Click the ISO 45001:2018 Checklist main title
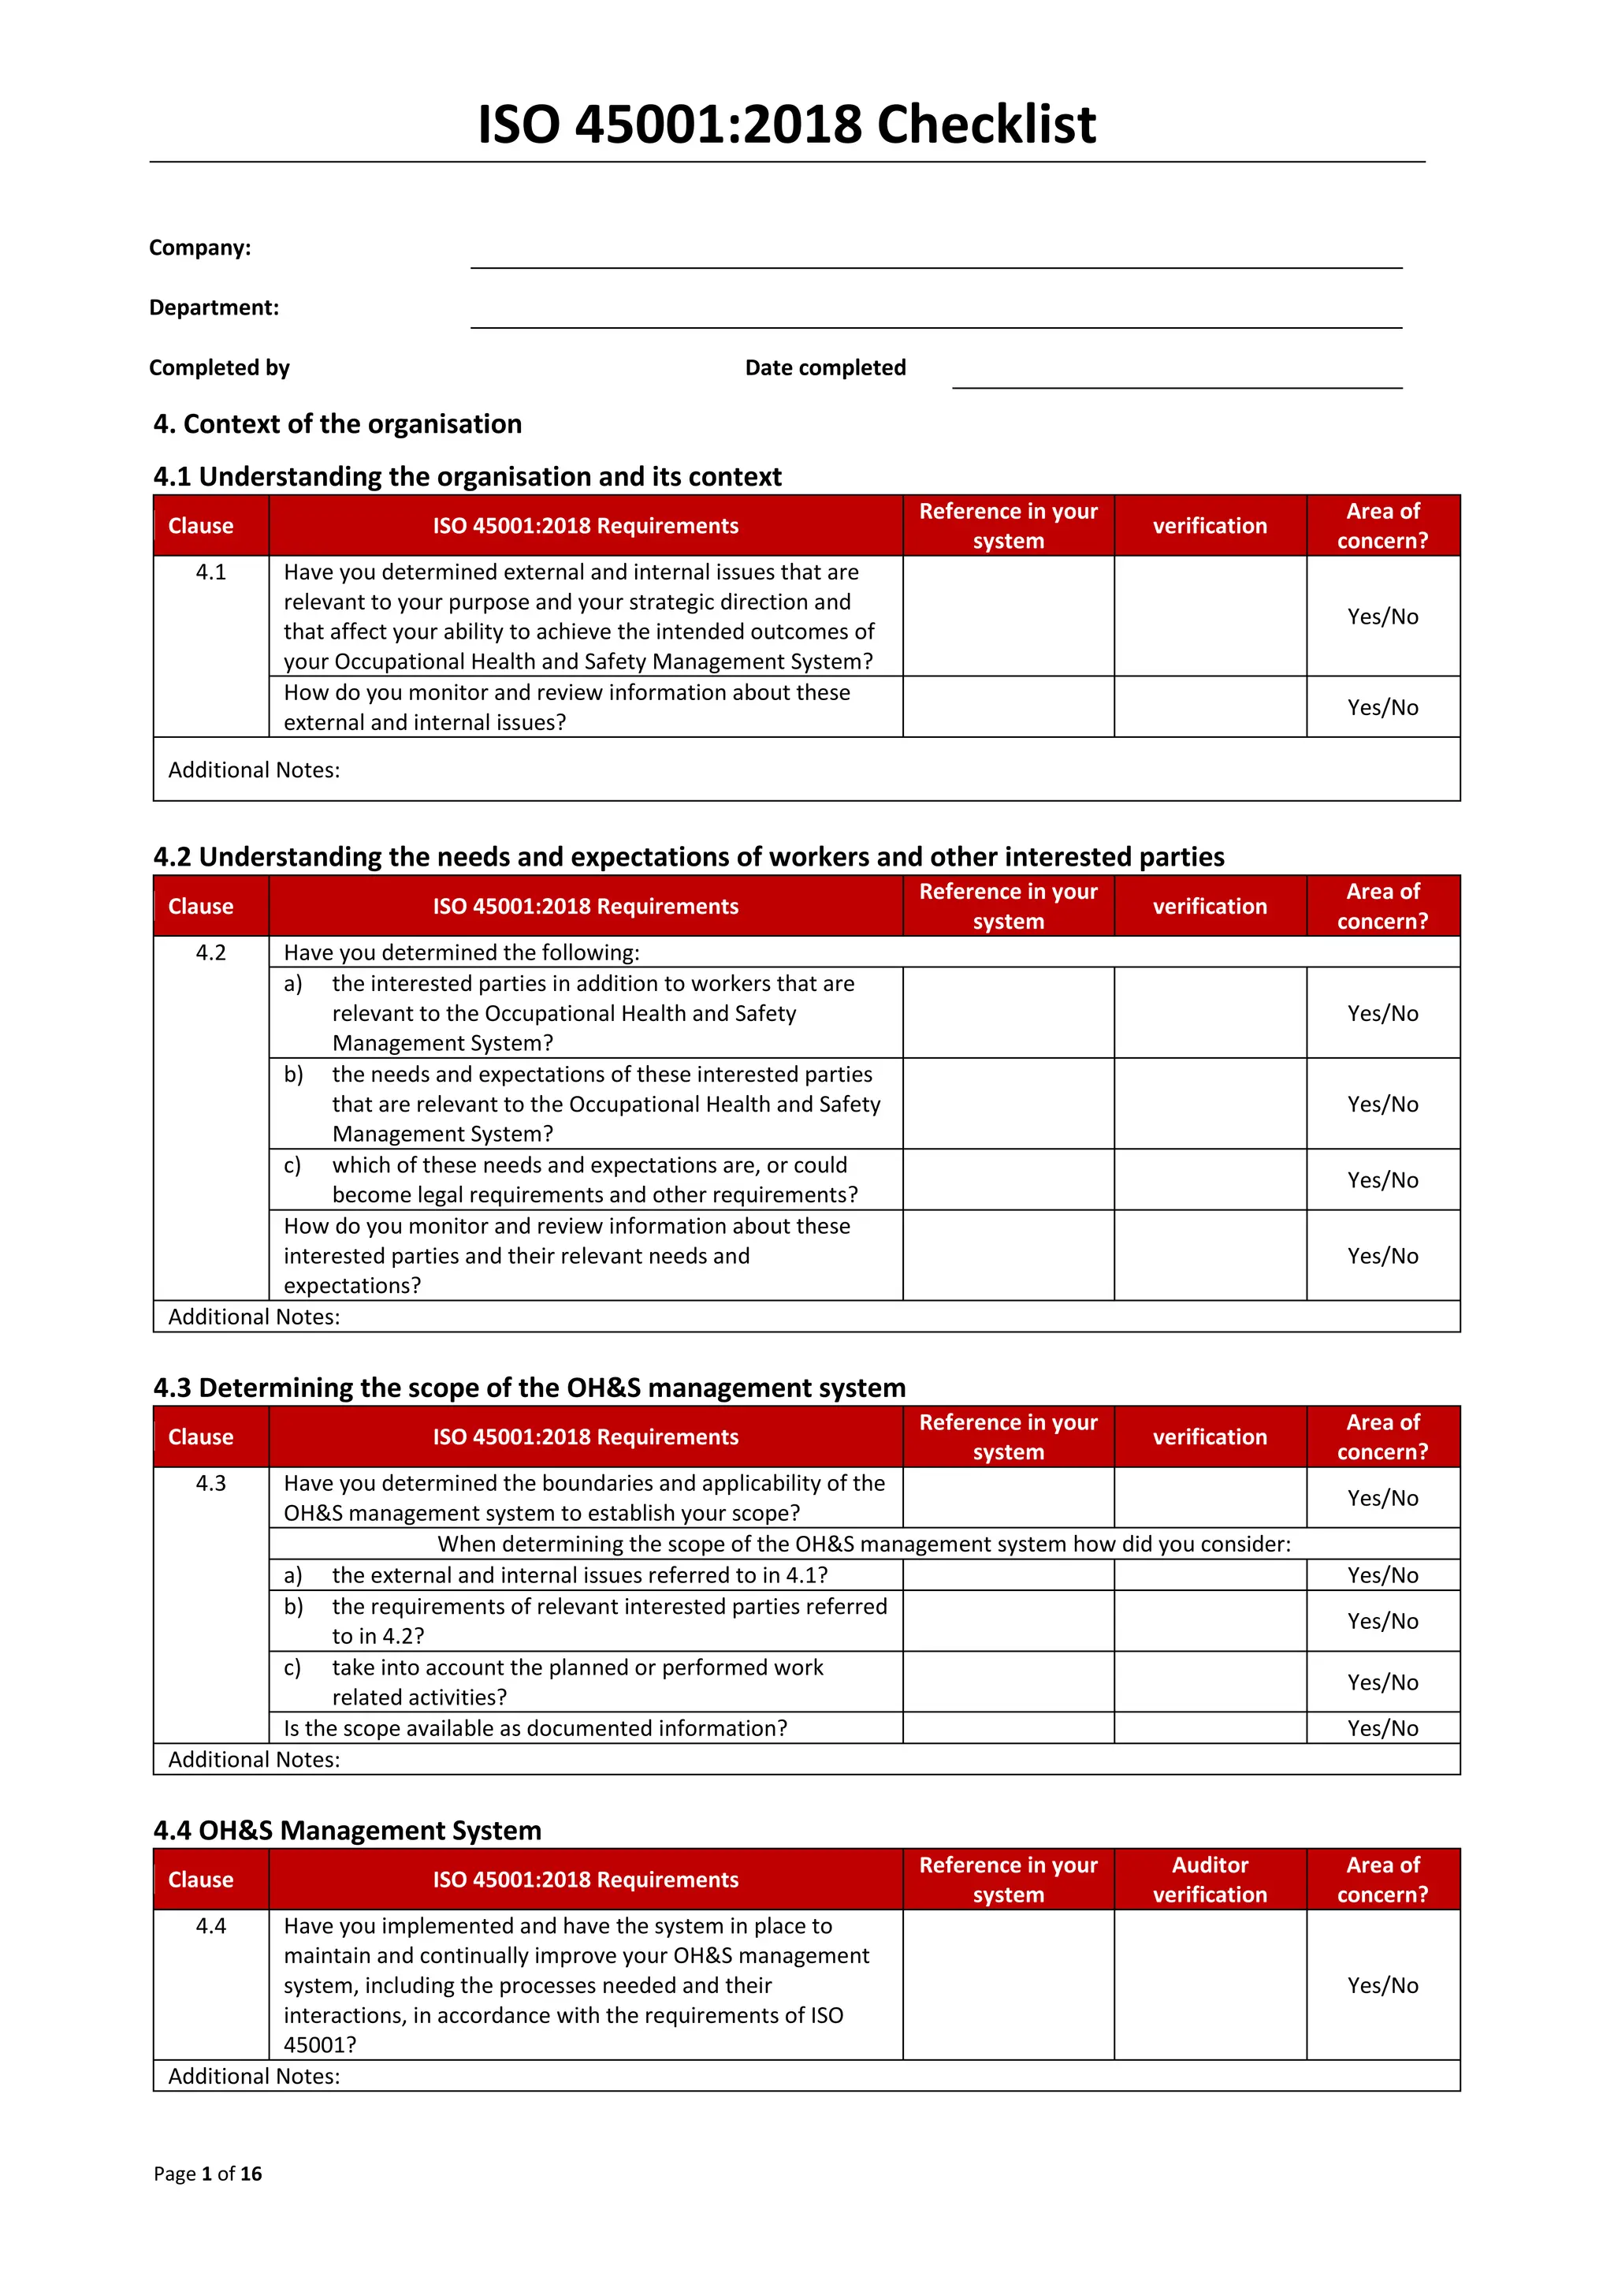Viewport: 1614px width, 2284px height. pos(786,125)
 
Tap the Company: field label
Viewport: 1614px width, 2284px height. pos(200,248)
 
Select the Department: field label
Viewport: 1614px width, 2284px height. pos(214,307)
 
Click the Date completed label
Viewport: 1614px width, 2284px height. pos(824,368)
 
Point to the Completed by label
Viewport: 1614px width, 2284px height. pos(219,368)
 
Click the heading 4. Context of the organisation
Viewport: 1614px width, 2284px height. pos(337,424)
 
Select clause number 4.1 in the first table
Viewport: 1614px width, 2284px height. pos(211,572)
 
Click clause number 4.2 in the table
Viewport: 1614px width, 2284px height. pos(211,952)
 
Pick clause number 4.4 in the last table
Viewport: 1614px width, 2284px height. pos(211,1926)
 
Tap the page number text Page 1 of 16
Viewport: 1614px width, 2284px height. pos(208,2174)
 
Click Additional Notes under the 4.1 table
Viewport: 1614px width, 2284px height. pos(254,770)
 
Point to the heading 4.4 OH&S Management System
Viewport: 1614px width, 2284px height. pos(347,1831)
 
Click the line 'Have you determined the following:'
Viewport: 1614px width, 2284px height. pos(462,952)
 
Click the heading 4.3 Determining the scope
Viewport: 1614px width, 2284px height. pos(529,1388)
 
